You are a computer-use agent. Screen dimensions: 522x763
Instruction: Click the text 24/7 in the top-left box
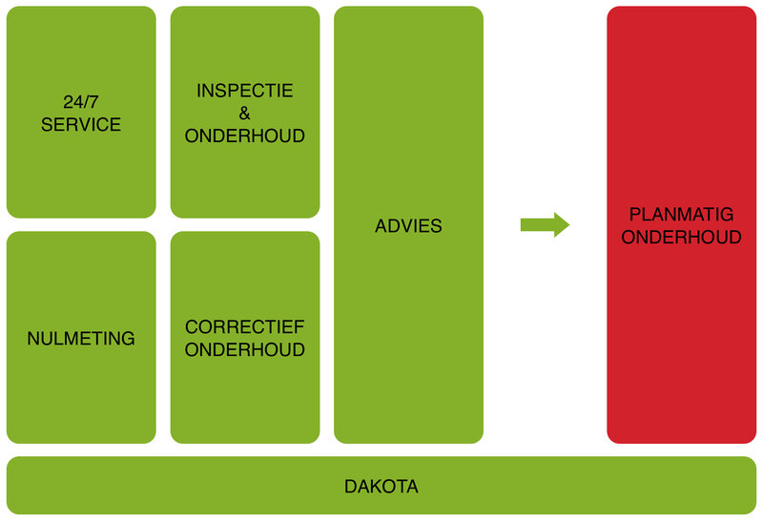point(81,102)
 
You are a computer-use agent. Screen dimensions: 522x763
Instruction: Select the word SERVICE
point(81,125)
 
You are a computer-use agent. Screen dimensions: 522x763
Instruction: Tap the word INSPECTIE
point(245,91)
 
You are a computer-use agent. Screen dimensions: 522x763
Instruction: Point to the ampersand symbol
point(245,114)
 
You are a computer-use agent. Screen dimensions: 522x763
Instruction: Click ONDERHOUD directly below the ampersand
point(245,136)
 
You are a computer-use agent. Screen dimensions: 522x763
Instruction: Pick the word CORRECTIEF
point(245,327)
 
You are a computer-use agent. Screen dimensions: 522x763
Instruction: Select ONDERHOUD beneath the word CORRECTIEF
point(245,350)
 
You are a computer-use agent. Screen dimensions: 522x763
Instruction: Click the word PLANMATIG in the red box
point(681,215)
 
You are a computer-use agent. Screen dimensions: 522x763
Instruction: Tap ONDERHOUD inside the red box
point(681,238)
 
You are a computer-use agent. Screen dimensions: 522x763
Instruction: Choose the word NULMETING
point(81,339)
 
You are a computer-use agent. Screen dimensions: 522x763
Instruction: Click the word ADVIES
point(408,226)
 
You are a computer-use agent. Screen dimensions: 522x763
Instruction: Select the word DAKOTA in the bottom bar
point(381,487)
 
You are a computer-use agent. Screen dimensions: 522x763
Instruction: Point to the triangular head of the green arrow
point(561,225)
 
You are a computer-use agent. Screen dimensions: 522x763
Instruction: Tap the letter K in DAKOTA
point(375,487)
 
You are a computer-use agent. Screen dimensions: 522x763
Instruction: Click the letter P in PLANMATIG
point(635,215)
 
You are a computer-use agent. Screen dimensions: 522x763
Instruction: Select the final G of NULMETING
point(128,339)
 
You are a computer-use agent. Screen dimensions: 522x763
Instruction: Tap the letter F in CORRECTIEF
point(299,327)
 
